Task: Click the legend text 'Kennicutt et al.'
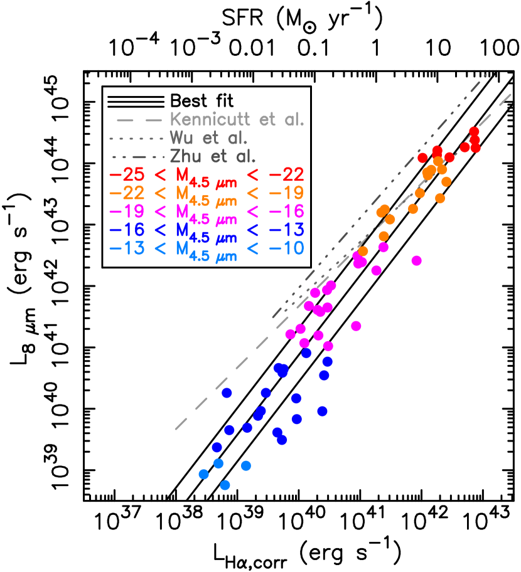click(x=237, y=120)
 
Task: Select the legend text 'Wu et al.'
click(x=208, y=138)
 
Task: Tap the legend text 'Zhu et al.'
click(x=213, y=156)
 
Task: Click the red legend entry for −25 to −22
click(x=207, y=176)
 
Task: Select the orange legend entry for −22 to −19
click(x=207, y=194)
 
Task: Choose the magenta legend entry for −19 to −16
click(x=207, y=211)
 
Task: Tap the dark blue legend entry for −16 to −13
click(x=207, y=230)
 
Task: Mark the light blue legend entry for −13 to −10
click(x=207, y=248)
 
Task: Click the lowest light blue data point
click(x=225, y=485)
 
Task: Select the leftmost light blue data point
click(x=203, y=474)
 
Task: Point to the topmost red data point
click(x=474, y=132)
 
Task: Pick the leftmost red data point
click(x=422, y=157)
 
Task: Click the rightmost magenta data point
click(x=416, y=260)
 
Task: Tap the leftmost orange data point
click(x=363, y=251)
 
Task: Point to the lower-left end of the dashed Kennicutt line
click(x=175, y=430)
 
